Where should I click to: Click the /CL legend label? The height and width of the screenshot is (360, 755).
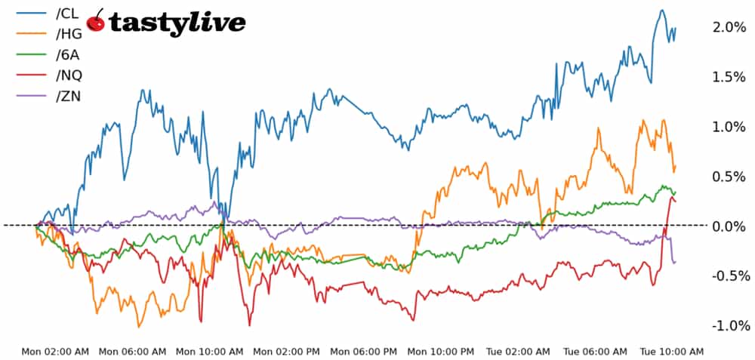coord(66,13)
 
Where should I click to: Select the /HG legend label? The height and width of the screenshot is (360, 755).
coord(67,33)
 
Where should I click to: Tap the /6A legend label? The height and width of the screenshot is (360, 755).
coord(66,54)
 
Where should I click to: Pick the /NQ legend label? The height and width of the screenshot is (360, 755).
coord(67,74)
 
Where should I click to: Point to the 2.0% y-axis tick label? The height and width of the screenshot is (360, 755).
coord(729,27)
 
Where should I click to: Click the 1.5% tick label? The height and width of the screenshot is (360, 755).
coord(729,77)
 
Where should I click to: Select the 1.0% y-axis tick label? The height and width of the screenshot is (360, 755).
coord(729,127)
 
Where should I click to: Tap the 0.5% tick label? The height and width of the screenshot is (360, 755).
coord(729,177)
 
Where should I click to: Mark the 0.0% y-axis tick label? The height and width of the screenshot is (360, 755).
coord(729,226)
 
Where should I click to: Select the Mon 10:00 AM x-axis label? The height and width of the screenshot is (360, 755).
coord(209,352)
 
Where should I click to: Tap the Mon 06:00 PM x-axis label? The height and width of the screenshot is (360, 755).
coord(364,352)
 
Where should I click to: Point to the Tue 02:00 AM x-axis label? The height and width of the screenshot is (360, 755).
coord(518,352)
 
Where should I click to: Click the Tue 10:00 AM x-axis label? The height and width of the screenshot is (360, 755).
coord(672,352)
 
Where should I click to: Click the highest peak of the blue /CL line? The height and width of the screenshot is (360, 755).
coord(661,11)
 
